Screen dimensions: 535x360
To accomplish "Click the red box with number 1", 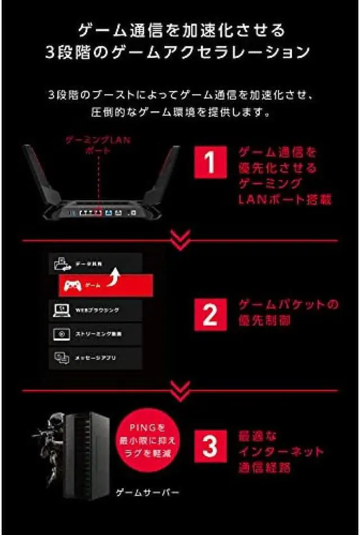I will click(209, 163).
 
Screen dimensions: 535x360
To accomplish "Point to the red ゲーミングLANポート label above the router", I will click(98, 145).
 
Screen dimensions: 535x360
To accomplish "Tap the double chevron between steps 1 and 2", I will click(180, 240).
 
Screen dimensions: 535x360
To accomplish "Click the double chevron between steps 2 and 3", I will click(180, 389).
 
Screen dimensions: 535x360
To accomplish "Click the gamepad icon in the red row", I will click(73, 286).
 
